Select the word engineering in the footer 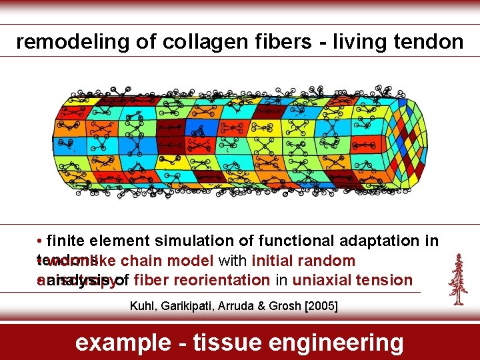(x=340, y=343)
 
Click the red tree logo (x=458, y=279)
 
